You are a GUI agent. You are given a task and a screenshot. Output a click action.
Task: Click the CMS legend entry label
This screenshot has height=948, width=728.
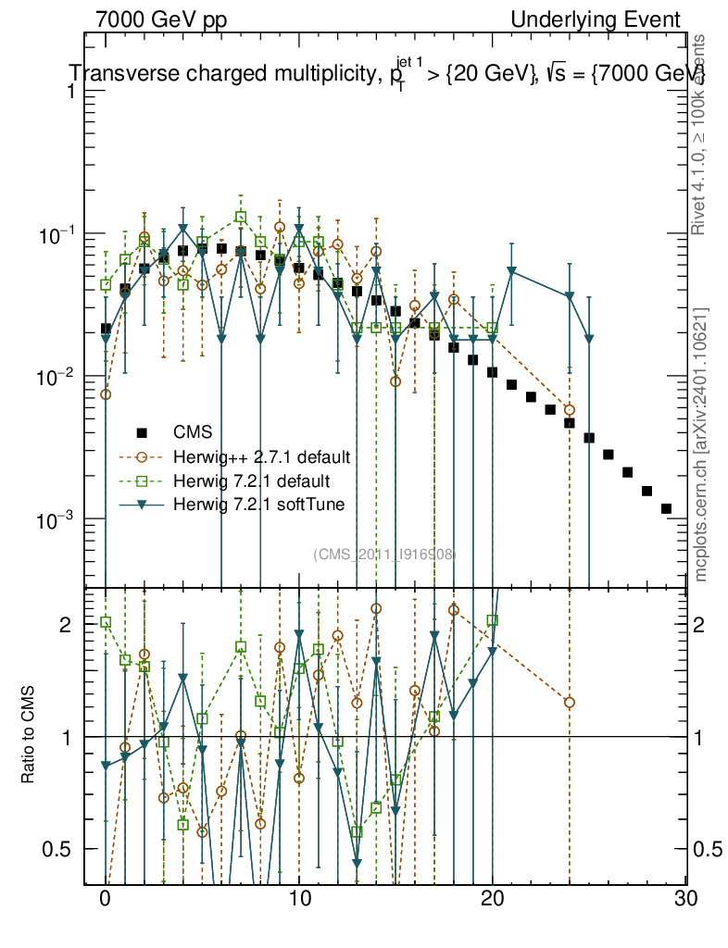click(193, 431)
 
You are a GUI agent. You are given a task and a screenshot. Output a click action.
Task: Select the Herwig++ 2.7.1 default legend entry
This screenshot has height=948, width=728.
click(260, 456)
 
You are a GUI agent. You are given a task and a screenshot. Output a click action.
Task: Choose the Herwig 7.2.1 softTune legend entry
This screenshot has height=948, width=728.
click(257, 505)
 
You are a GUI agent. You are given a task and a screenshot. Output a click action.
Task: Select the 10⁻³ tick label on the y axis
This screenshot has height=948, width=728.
click(58, 519)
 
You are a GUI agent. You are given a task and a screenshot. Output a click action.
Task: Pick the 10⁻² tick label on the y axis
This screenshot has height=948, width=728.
click(58, 377)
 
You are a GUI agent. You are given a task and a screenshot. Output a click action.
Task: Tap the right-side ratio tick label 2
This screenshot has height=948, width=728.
click(705, 625)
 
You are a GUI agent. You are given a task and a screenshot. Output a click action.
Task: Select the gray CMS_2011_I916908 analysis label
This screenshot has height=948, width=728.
click(384, 554)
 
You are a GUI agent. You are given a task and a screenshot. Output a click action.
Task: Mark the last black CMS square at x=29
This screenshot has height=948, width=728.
click(666, 509)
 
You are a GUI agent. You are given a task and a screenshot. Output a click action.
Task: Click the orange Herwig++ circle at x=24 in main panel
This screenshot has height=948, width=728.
click(570, 410)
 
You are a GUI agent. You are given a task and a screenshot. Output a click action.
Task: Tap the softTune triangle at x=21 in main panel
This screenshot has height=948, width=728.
click(512, 271)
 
